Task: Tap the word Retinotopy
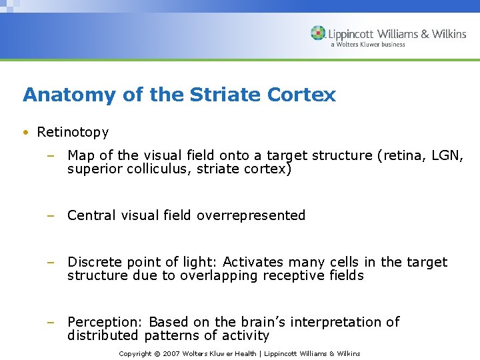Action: tap(73, 132)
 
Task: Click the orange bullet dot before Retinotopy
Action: tap(25, 133)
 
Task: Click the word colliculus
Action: tap(151, 169)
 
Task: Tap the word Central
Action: tap(90, 215)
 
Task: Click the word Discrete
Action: tap(93, 262)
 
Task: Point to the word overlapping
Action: tap(216, 275)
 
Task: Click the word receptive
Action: tap(296, 275)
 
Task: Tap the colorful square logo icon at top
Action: tap(318, 33)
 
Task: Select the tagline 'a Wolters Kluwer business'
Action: tap(367, 45)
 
